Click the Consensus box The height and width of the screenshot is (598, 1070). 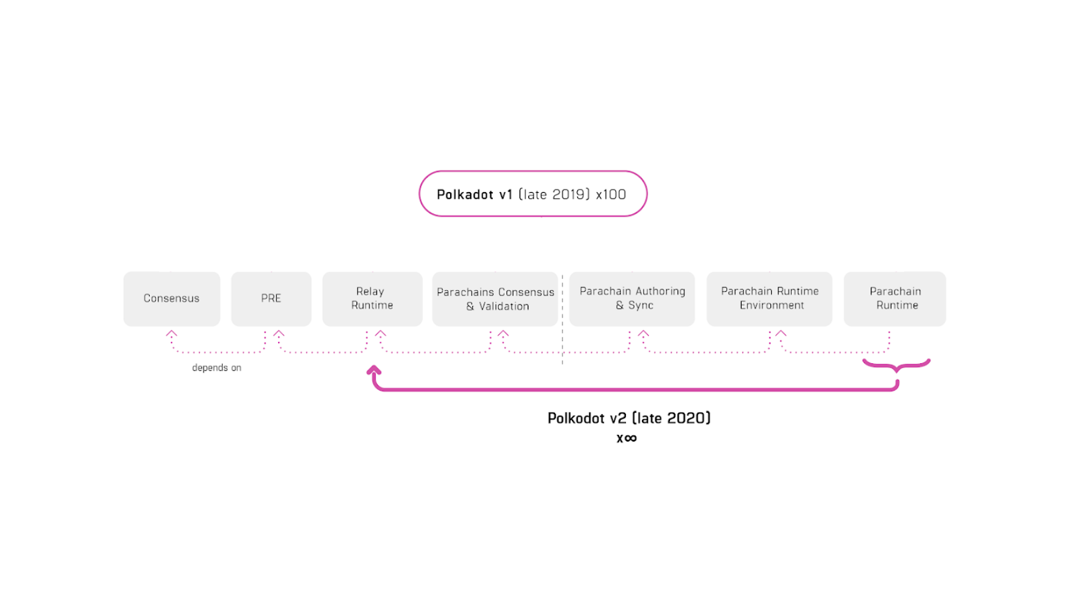pyautogui.click(x=171, y=298)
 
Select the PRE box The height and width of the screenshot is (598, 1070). pyautogui.click(x=271, y=298)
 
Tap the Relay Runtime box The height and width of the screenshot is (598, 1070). pyautogui.click(x=372, y=298)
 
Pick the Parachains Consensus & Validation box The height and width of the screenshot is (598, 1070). pyautogui.click(x=495, y=299)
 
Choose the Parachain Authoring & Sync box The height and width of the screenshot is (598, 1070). pyautogui.click(x=632, y=298)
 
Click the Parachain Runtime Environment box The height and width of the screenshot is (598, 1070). pyautogui.click(x=769, y=298)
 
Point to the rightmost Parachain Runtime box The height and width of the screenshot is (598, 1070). pyautogui.click(x=895, y=298)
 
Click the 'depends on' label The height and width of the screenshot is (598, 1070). pyautogui.click(x=217, y=368)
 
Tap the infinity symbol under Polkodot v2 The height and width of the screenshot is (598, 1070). pyautogui.click(x=630, y=439)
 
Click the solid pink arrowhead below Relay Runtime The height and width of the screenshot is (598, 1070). pyautogui.click(x=374, y=370)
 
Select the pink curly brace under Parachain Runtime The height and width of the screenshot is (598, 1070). pyautogui.click(x=896, y=366)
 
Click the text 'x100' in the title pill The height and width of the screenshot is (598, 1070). pyautogui.click(x=611, y=195)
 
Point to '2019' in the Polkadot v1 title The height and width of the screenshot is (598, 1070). pyautogui.click(x=570, y=195)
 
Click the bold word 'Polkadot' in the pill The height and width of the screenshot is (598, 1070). pyautogui.click(x=465, y=195)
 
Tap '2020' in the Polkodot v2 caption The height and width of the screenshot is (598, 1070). pyautogui.click(x=688, y=419)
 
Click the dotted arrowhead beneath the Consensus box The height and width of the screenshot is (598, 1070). pyautogui.click(x=172, y=333)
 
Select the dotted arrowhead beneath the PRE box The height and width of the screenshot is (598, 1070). pyautogui.click(x=279, y=333)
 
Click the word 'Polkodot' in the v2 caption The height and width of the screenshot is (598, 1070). pyautogui.click(x=576, y=419)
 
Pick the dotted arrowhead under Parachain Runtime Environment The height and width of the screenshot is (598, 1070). pyautogui.click(x=780, y=333)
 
